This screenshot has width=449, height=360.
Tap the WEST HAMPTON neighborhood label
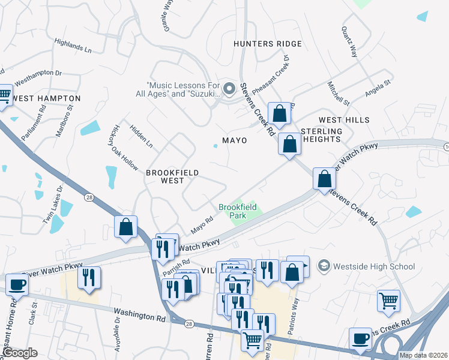point(46,98)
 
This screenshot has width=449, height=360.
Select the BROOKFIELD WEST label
point(172,177)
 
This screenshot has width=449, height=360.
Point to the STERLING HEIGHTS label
point(321,135)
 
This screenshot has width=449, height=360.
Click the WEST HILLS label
point(344,121)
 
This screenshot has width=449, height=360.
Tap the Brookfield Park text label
point(238,211)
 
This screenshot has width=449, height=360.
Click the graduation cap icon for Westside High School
point(324,266)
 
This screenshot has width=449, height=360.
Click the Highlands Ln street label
point(73,46)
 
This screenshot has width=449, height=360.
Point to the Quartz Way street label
point(349,41)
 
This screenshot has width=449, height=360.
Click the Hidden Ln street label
point(141,137)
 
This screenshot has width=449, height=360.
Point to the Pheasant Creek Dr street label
point(271,75)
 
